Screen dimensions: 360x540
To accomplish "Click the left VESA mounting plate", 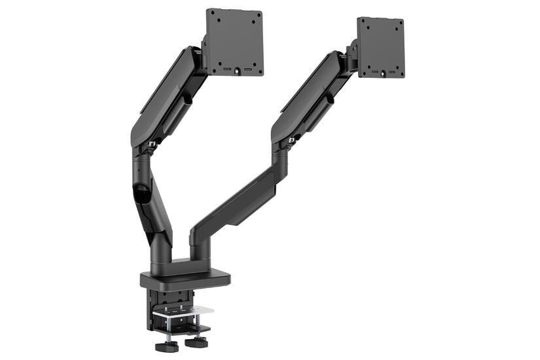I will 234,41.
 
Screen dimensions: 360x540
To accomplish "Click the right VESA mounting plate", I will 380,47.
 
